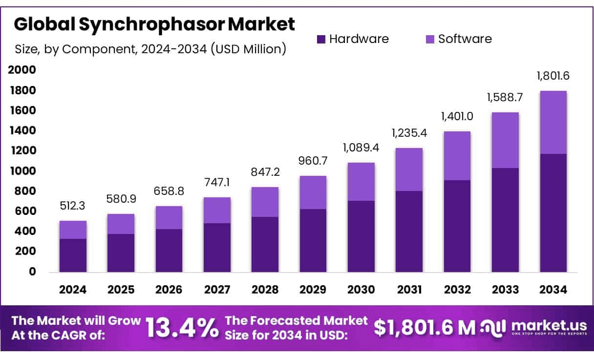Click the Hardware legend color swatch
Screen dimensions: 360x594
pyautogui.click(x=321, y=40)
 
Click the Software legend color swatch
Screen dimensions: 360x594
pyautogui.click(x=430, y=40)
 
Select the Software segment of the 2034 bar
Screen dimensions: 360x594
pyautogui.click(x=553, y=122)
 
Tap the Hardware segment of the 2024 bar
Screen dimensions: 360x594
pyautogui.click(x=73, y=255)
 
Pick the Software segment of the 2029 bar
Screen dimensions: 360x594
pyautogui.click(x=313, y=192)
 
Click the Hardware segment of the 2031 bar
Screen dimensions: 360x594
pyautogui.click(x=409, y=231)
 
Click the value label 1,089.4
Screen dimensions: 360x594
pyautogui.click(x=361, y=148)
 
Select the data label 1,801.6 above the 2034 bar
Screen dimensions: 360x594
pyautogui.click(x=553, y=76)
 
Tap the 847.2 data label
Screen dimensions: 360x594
pyautogui.click(x=265, y=172)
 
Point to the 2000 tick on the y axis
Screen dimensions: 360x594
pyautogui.click(x=22, y=70)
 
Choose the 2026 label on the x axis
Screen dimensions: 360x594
pyautogui.click(x=169, y=290)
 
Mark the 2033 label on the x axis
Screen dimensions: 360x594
pyautogui.click(x=505, y=290)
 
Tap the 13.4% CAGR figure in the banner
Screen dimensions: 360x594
pyautogui.click(x=182, y=328)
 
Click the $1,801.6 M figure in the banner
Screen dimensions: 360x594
pyautogui.click(x=424, y=328)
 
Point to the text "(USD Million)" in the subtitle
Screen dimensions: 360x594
pyautogui.click(x=249, y=49)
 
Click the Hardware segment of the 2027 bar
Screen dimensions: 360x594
pyautogui.click(x=217, y=248)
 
